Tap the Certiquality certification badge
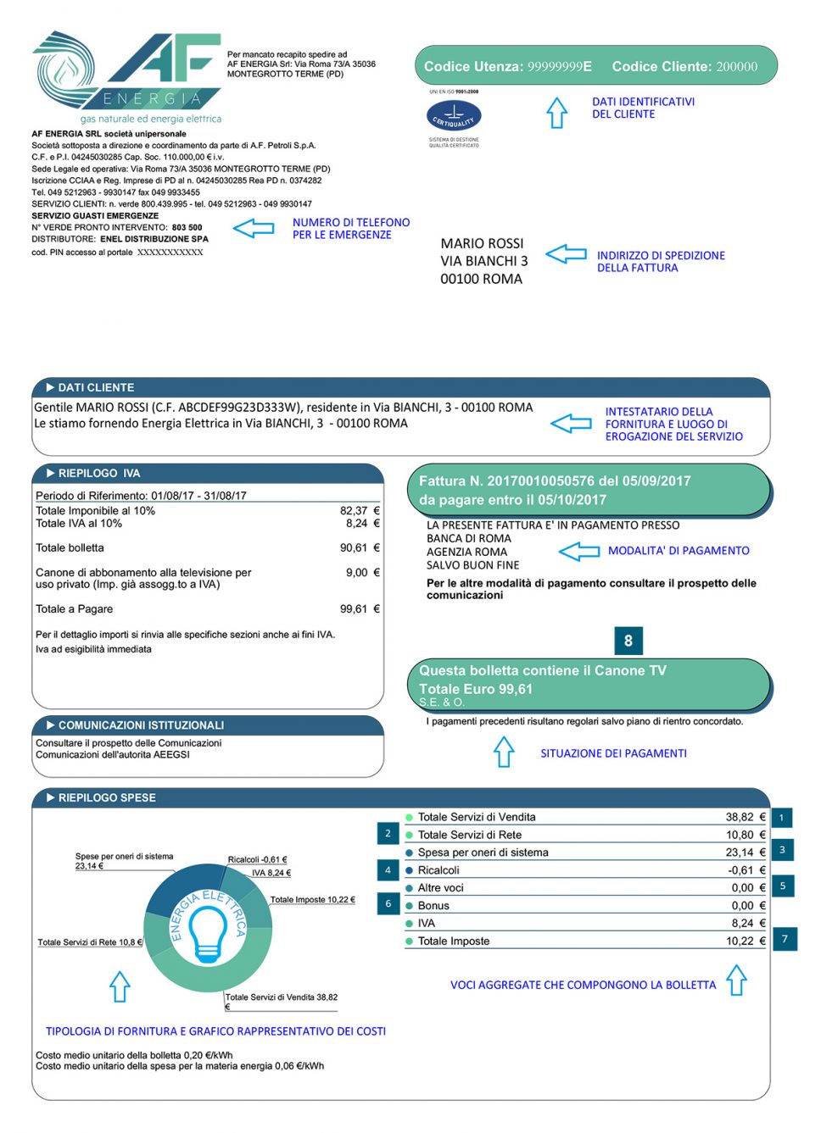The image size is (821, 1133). point(454,115)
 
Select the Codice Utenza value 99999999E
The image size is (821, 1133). point(560,66)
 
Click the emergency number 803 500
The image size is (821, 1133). point(187,227)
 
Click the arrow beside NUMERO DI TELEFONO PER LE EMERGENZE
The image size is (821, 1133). point(254,228)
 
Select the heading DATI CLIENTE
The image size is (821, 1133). point(96,387)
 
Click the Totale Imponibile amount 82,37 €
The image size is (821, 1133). point(360,511)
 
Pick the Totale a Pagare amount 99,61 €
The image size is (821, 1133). point(360,609)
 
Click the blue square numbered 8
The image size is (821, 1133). point(628,641)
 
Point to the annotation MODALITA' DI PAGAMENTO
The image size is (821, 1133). point(679,551)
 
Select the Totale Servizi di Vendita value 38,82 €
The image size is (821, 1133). point(745,817)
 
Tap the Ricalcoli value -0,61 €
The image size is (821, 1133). point(746,870)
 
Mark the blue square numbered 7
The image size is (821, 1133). point(785,939)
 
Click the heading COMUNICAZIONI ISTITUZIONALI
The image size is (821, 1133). point(141,725)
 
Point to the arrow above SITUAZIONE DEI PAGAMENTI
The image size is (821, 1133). point(504,752)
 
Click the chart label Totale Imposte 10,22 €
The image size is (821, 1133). point(312,900)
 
